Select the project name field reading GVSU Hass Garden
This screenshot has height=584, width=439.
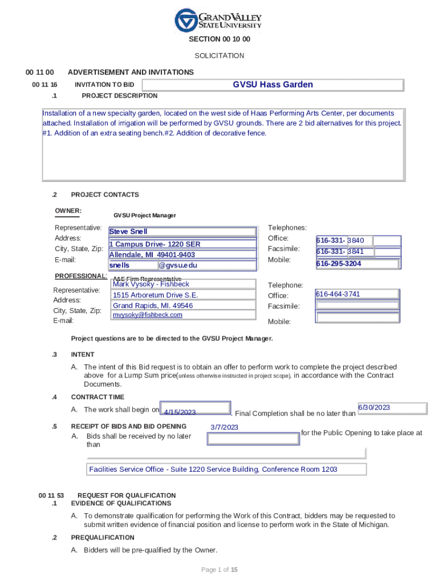click(x=273, y=85)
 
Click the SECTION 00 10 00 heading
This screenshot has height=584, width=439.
click(x=219, y=40)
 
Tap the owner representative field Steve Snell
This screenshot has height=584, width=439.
click(x=182, y=232)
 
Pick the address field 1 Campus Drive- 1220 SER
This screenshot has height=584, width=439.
click(x=182, y=244)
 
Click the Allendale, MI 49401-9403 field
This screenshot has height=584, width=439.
click(x=182, y=255)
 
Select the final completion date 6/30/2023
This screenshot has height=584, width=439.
click(x=392, y=408)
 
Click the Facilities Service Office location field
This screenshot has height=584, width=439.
click(x=226, y=469)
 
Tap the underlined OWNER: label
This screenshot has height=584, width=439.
click(x=68, y=211)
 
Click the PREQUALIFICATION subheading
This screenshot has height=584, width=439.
click(x=103, y=538)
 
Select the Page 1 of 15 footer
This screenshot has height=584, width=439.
click(x=219, y=570)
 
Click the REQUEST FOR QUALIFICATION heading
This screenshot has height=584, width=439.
click(x=127, y=496)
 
